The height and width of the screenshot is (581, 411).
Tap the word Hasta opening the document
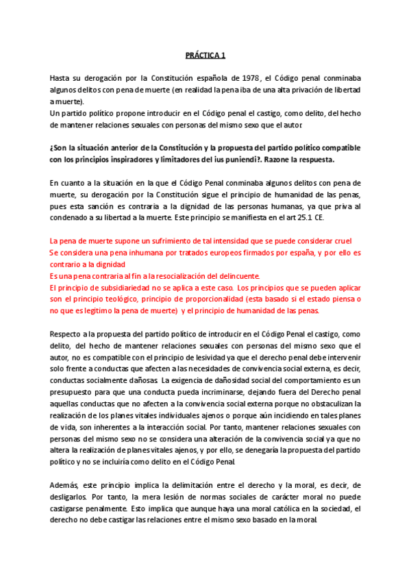[61, 78]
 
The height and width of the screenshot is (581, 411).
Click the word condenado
[72, 217]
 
